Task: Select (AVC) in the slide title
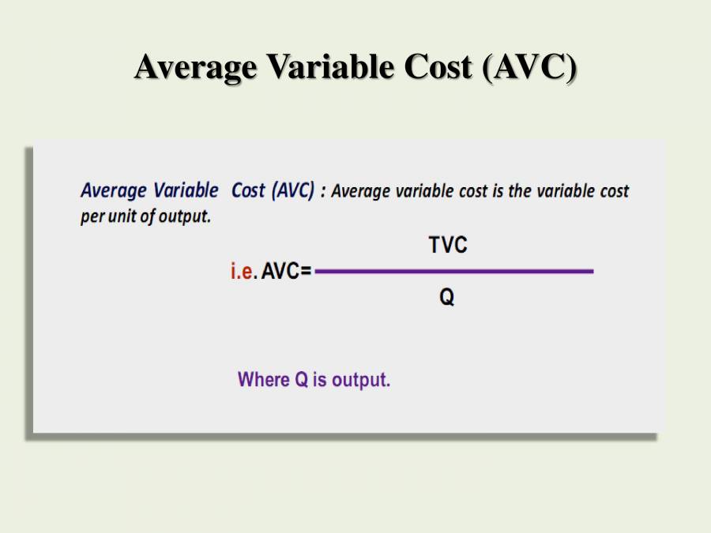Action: click(529, 67)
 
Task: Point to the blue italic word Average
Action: click(114, 191)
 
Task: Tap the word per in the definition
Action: click(92, 217)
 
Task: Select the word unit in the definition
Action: click(122, 216)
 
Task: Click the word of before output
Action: click(148, 216)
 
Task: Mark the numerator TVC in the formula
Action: click(448, 246)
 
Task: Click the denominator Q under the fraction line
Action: click(447, 298)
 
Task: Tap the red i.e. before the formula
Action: click(243, 272)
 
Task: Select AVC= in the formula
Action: click(287, 272)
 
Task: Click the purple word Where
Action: click(264, 380)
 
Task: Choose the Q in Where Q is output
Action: click(301, 380)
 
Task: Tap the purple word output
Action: click(361, 380)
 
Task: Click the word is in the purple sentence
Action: click(319, 380)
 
